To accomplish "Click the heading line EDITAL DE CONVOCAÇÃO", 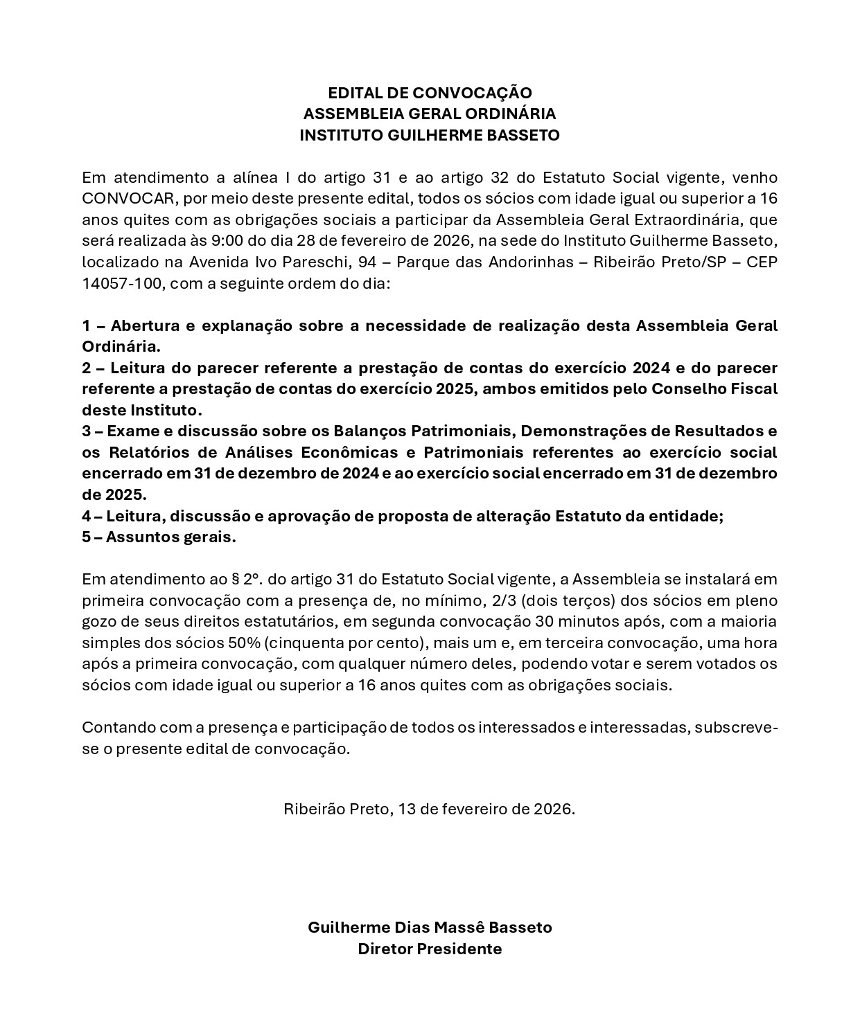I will tap(430, 93).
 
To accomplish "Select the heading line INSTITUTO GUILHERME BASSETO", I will tap(430, 135).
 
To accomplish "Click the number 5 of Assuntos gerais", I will tap(86, 537).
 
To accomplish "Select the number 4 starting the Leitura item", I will tap(87, 517).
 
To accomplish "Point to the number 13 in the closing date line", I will tap(406, 809).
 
